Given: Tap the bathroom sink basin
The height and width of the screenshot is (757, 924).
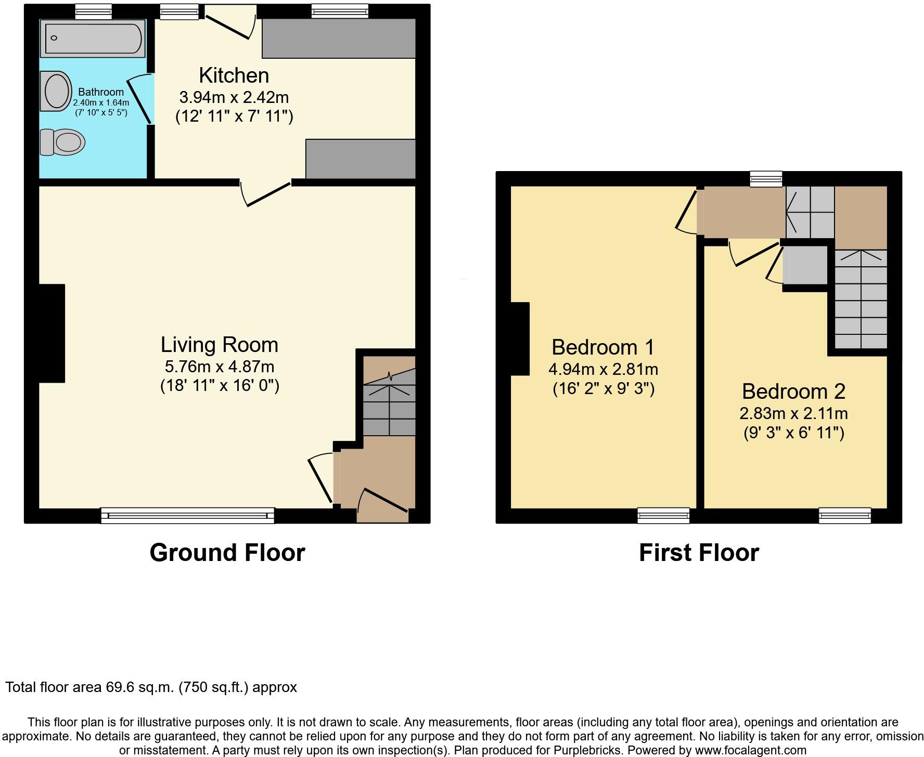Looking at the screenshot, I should pos(57,91).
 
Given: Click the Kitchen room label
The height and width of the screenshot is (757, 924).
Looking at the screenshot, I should pos(234,75).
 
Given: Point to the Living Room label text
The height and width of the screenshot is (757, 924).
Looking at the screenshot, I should pos(219,345).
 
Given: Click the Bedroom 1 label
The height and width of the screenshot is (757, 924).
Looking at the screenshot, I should pos(602,347).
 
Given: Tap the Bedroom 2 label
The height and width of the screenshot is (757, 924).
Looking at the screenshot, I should pos(793,391).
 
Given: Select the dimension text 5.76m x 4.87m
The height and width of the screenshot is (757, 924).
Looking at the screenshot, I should pos(219,367).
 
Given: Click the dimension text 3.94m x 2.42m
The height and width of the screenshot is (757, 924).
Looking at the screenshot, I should pos(234,97).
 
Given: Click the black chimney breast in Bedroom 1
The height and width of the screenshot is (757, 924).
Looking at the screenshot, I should pos(520,338).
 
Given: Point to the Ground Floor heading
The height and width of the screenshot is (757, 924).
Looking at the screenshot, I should pos(227,552).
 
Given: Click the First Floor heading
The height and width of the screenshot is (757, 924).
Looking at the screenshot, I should pos(698,552).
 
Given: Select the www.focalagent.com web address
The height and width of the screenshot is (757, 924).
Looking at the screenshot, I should pos(749,750).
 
